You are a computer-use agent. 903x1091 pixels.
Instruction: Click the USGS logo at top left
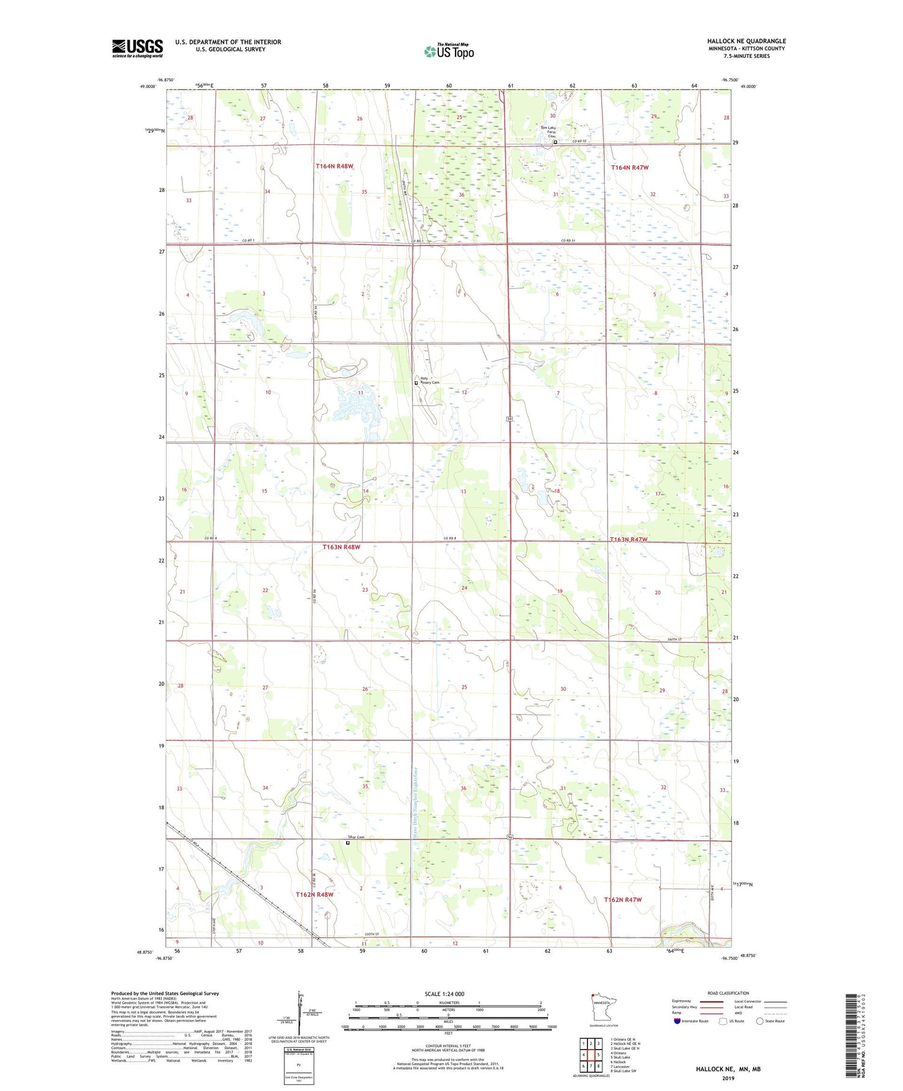137,48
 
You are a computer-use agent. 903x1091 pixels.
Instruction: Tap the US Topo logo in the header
448,52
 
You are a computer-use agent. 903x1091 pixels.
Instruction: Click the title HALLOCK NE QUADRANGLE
746,41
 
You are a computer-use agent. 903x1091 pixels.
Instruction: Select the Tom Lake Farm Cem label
548,132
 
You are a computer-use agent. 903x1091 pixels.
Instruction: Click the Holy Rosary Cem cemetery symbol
416,383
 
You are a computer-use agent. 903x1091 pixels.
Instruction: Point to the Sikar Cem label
355,837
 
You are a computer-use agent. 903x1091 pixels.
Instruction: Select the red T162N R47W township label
622,900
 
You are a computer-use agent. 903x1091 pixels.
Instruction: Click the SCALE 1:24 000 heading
448,994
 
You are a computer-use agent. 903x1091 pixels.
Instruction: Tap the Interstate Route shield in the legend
678,1021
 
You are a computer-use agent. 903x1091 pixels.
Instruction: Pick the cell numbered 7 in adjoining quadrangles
583,1066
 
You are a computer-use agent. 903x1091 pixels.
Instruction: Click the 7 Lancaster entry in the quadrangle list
620,1066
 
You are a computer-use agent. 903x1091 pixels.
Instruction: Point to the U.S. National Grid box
299,1066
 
